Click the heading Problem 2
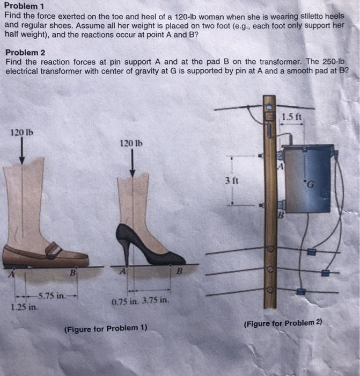(x=24, y=53)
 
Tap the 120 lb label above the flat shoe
(x=21, y=132)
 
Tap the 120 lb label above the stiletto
(x=131, y=143)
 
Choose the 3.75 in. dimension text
(x=156, y=301)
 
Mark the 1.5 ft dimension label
(x=296, y=116)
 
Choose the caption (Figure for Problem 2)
(x=282, y=323)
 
